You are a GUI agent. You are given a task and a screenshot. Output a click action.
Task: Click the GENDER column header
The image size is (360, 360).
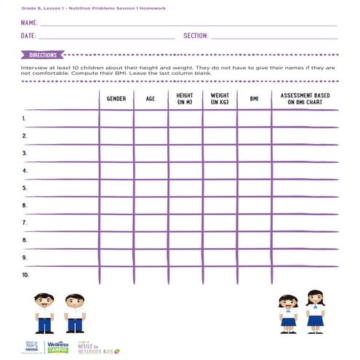(116, 98)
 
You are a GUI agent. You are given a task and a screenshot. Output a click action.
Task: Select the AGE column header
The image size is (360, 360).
(150, 98)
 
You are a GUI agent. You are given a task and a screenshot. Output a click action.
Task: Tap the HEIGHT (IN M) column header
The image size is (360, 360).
(185, 99)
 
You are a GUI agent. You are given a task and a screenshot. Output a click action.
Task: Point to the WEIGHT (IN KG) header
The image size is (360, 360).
(220, 99)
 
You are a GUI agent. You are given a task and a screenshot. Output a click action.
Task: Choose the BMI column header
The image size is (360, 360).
(254, 98)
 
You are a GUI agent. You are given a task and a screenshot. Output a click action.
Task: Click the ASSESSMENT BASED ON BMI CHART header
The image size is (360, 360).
(305, 99)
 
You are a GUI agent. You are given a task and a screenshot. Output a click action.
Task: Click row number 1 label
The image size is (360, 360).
(24, 118)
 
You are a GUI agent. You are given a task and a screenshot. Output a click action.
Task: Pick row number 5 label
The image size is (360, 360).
(24, 188)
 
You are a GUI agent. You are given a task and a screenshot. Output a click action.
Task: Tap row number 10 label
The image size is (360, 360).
(25, 275)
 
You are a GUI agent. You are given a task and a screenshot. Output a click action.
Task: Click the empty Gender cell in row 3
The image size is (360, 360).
(116, 153)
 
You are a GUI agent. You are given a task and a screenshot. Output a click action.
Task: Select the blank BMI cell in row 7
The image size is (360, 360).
(254, 223)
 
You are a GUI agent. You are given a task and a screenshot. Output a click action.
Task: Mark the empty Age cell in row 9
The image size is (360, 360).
(150, 257)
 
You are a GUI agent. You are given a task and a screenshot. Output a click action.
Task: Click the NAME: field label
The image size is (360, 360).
(29, 23)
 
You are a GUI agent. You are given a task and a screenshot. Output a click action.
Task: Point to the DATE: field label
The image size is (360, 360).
(28, 35)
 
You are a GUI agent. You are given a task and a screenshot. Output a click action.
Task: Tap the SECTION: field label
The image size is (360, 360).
(196, 35)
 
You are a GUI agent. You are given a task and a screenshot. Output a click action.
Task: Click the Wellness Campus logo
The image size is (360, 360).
(57, 347)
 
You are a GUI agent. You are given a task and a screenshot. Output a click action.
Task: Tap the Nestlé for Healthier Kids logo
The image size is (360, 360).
(95, 348)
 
